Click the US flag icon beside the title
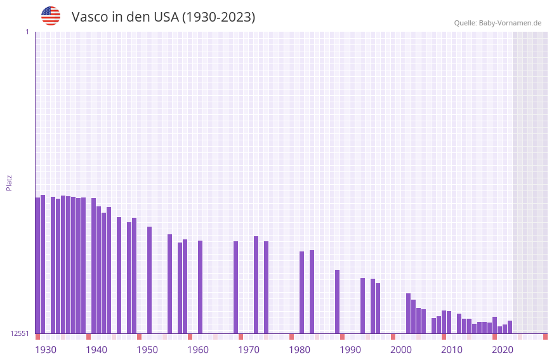[51, 16]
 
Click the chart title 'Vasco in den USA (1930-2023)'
[163, 17]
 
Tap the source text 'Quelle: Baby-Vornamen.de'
[498, 23]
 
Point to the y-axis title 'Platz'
[9, 182]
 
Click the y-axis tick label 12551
[20, 333]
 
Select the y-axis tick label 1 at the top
[27, 32]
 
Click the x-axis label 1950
[147, 350]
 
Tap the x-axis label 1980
[300, 350]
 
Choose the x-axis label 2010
[452, 350]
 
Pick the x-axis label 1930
[46, 350]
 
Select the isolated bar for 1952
[149, 280]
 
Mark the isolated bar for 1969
[235, 287]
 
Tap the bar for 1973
[256, 284]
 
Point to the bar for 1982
[301, 292]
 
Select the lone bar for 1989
[337, 302]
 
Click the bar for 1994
[362, 305]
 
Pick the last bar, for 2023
[510, 327]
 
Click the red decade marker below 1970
[241, 337]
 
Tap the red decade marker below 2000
[393, 337]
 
